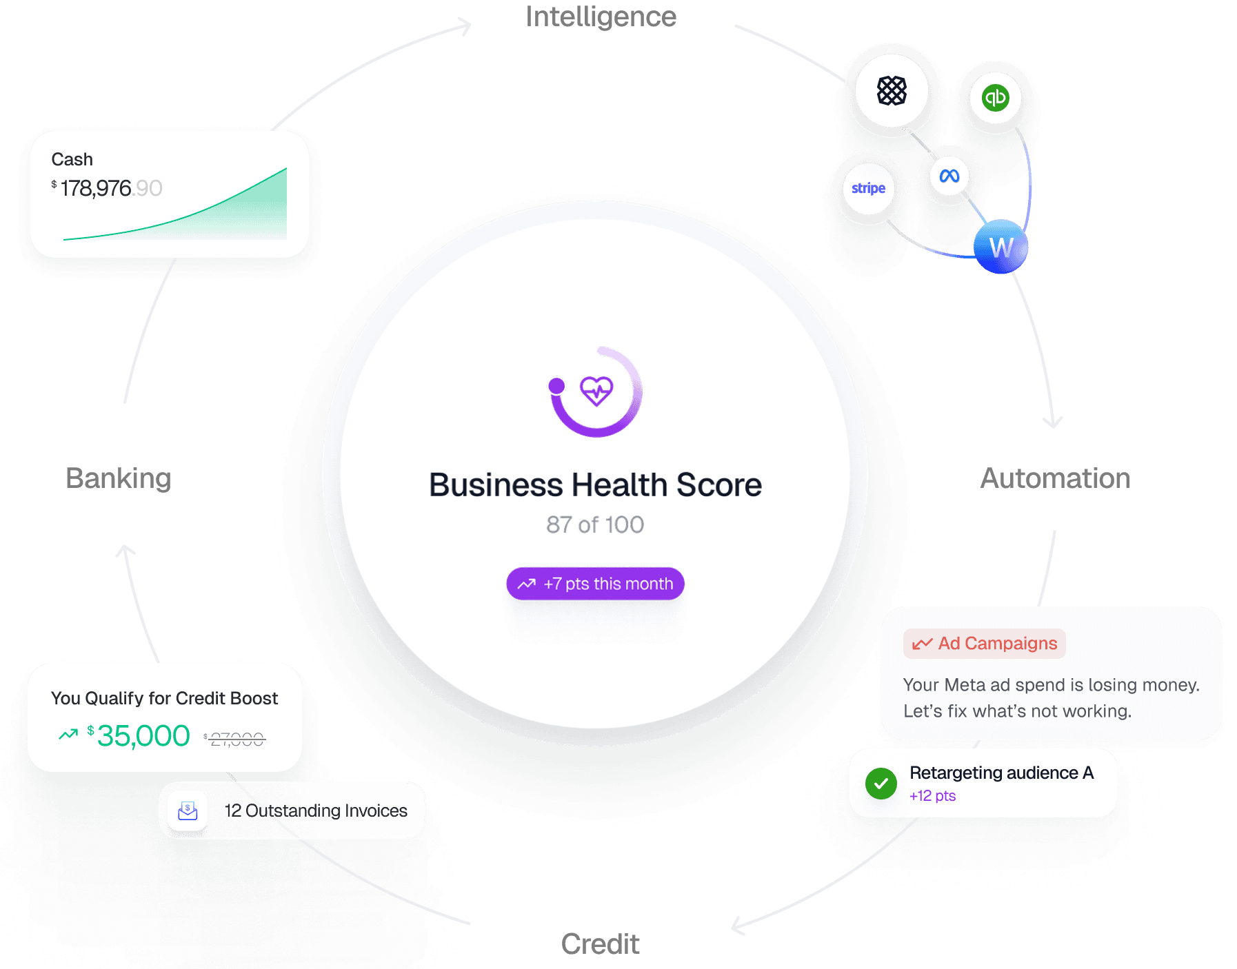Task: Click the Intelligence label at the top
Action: coord(601,17)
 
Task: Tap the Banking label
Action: coord(118,478)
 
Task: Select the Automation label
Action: coord(1055,478)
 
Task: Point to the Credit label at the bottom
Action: coord(600,943)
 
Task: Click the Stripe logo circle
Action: coord(868,188)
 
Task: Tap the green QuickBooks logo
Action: coord(995,98)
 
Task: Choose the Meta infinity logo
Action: coord(949,176)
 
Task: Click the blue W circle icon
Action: coord(1000,247)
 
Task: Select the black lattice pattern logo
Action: coord(892,91)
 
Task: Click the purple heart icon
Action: coord(596,391)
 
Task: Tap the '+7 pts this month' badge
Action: coord(595,584)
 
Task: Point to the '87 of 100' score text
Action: coord(595,525)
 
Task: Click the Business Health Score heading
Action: coord(595,485)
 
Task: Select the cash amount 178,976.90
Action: coord(110,188)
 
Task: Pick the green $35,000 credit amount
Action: coord(143,736)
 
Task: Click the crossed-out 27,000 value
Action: coord(237,739)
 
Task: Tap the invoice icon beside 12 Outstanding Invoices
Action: coord(188,810)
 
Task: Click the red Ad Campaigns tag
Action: coord(985,644)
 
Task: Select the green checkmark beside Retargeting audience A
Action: coord(881,784)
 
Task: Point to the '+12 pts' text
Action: coord(932,796)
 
